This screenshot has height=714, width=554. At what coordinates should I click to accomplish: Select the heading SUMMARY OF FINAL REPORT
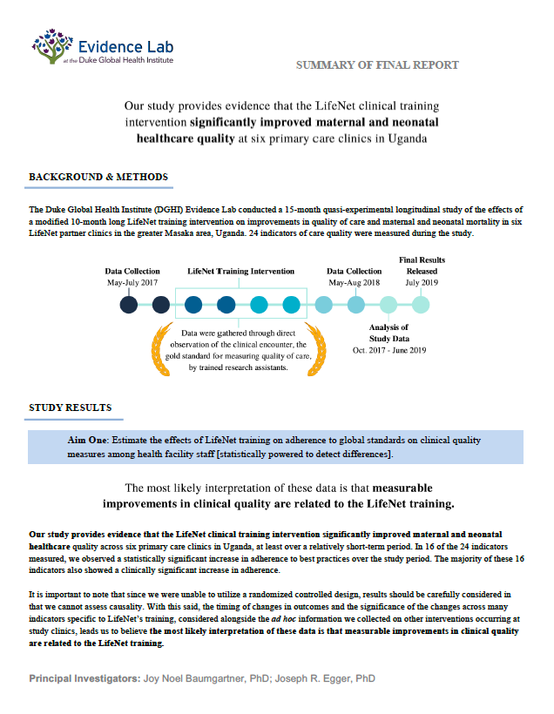pyautogui.click(x=377, y=65)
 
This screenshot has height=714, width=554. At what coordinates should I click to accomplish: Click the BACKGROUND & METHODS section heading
pyautogui.click(x=98, y=177)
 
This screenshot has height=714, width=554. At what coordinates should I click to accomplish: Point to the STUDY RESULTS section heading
pyautogui.click(x=70, y=408)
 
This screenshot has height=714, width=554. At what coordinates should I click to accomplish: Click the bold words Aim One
pyautogui.click(x=88, y=441)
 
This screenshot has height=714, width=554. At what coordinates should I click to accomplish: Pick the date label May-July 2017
pyautogui.click(x=132, y=283)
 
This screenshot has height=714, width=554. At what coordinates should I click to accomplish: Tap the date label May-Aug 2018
pyautogui.click(x=355, y=283)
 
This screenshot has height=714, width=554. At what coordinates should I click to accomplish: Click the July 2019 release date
pyautogui.click(x=422, y=283)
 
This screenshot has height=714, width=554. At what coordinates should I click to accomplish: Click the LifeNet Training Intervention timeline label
pyautogui.click(x=241, y=272)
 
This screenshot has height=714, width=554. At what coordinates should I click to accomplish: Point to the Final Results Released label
pyautogui.click(x=422, y=266)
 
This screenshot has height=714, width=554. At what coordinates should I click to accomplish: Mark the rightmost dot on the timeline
pyautogui.click(x=421, y=305)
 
